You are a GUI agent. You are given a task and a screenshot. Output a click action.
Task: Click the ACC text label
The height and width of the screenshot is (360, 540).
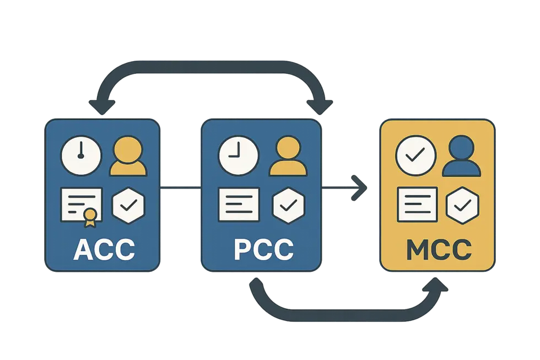coord(104,249)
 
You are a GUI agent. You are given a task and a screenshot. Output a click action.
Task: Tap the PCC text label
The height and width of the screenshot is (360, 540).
coord(263,249)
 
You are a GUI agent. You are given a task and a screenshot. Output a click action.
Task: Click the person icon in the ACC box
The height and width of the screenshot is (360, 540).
coord(129,158)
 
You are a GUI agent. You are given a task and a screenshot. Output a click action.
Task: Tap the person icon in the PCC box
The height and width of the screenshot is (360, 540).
coord(288,158)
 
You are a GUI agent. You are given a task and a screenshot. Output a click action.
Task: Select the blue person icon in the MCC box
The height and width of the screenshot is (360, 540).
coord(464,157)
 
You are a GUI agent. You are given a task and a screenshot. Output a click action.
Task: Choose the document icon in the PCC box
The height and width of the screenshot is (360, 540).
coord(239,204)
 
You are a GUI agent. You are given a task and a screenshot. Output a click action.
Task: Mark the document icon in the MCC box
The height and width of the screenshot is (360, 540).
coord(417,204)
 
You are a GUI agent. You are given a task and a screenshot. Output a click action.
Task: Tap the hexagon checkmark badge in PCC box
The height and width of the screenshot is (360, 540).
coord(288,205)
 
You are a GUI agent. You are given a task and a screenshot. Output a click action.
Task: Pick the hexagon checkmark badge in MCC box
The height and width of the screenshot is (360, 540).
coord(463,205)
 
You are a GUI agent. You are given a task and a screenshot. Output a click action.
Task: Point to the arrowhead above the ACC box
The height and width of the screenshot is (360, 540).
coord(103,105)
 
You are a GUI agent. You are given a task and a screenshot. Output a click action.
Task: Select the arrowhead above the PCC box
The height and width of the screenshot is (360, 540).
coord(321,105)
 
